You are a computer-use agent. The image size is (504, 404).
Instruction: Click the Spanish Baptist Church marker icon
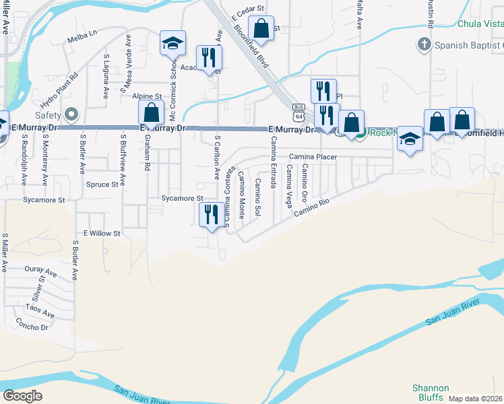point(424,45)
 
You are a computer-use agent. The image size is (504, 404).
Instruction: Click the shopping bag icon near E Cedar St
point(261,29)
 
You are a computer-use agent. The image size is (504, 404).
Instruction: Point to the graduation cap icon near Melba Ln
point(173,44)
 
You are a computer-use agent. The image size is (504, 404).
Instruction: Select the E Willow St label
point(101,234)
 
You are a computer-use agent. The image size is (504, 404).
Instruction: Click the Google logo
point(22,395)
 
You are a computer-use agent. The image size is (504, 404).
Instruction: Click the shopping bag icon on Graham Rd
point(152,111)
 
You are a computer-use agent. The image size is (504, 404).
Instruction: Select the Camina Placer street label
point(312,157)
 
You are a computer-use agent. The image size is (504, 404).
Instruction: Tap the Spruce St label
point(102,184)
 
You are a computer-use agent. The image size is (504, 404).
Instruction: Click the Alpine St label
point(147,97)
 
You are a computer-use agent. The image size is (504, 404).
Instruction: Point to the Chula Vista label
point(480,24)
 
